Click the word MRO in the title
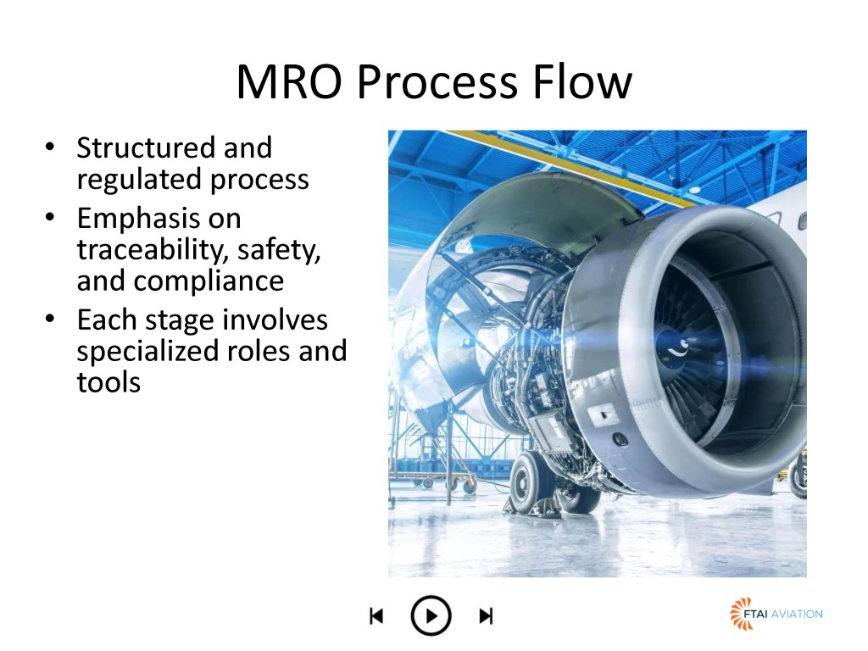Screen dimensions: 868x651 click(x=289, y=82)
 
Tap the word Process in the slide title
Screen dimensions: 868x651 click(x=437, y=82)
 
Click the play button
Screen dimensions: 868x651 click(x=431, y=615)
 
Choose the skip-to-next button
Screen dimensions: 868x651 click(x=486, y=615)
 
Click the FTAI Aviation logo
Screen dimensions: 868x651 click(x=776, y=614)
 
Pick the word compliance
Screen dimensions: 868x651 click(x=209, y=281)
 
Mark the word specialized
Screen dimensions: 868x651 click(x=146, y=352)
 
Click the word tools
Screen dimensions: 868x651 click(x=109, y=382)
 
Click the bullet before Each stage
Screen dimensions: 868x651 click(x=50, y=319)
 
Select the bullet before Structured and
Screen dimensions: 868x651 click(x=50, y=147)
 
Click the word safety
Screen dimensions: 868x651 click(x=279, y=250)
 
